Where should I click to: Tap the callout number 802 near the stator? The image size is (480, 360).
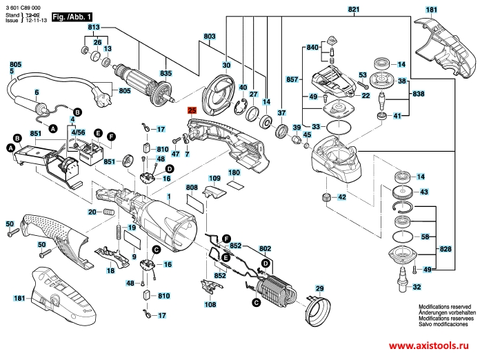point(265,248)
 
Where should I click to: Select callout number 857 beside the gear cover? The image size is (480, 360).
point(292,80)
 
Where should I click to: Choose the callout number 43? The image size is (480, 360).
point(423,192)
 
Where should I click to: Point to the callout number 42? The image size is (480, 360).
point(341,198)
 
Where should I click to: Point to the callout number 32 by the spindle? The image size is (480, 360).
point(415,286)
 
